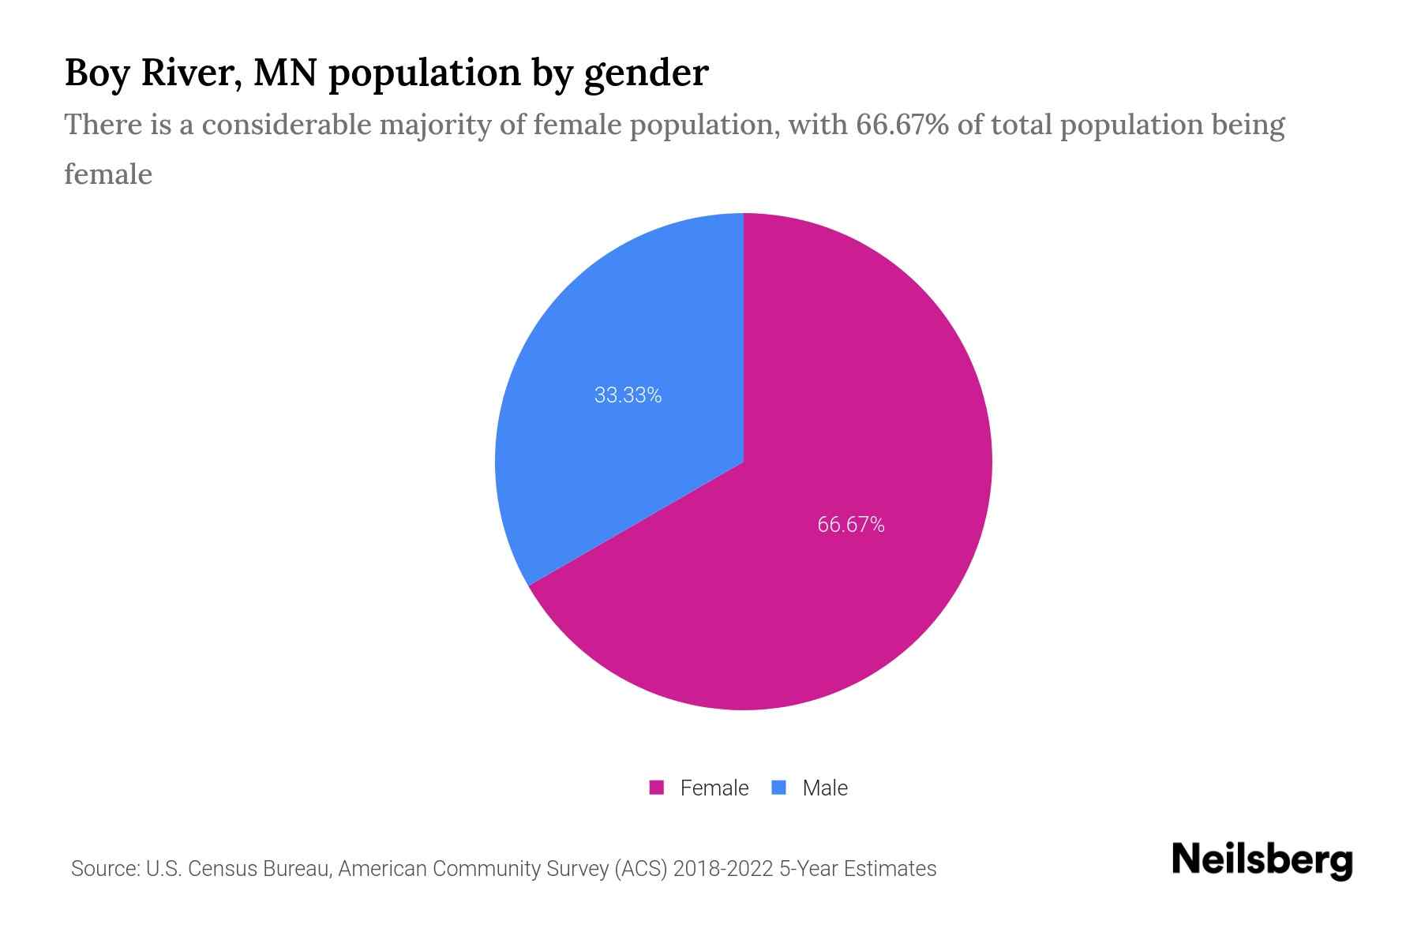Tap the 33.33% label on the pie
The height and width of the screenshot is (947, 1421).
point(628,395)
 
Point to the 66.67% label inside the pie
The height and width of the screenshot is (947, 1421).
point(850,525)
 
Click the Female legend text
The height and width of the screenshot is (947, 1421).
point(714,788)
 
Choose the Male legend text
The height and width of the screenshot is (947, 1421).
point(824,788)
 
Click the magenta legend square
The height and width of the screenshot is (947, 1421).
point(656,788)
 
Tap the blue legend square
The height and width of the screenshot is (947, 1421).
point(778,788)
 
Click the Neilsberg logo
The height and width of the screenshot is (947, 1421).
point(1262,860)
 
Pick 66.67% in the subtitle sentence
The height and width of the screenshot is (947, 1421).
point(902,125)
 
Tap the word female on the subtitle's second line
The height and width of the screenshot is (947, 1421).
point(108,174)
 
